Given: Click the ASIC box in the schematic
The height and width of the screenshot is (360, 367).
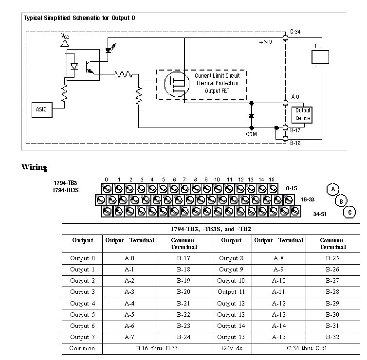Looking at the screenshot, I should coord(41,110).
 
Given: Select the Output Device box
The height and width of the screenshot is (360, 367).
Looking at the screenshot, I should coord(302,114).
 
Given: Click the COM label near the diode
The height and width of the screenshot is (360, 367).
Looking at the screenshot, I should coord(251,134).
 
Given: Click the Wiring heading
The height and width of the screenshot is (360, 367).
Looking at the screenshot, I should coord(35,167).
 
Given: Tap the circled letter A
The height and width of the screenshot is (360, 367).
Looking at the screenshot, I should coord(332,189).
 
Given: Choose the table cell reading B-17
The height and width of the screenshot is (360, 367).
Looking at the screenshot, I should coord(183,258).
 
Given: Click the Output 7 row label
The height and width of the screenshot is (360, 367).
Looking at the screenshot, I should coord(82,337).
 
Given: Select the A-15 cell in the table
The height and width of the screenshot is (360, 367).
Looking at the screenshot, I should coord(278,337).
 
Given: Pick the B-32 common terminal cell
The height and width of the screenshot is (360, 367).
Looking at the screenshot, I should coord(332,337).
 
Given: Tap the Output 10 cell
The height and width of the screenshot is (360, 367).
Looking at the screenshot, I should coord(231,281).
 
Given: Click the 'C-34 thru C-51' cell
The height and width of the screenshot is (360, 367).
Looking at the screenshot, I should coord(305,348).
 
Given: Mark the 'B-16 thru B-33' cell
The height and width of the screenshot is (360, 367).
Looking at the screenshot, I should coord(157,348).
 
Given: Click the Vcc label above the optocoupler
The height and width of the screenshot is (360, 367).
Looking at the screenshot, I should coord(65,36).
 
